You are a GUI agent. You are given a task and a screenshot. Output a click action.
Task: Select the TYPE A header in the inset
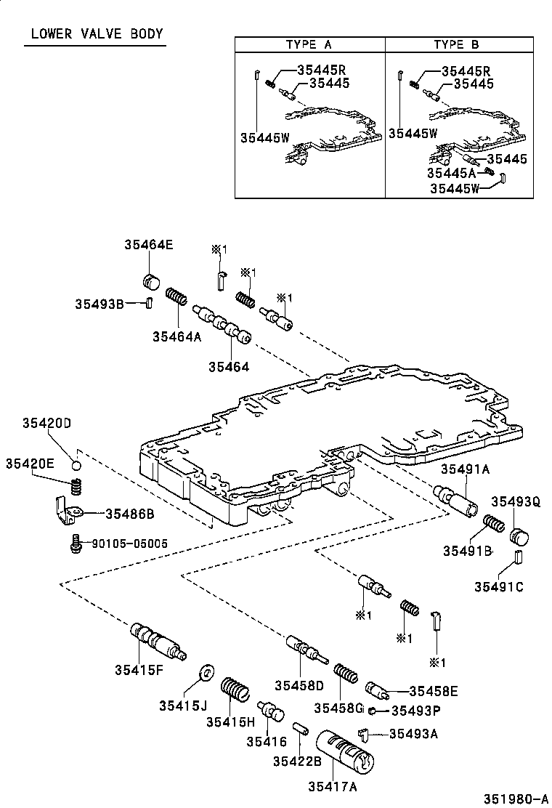[x=309, y=44]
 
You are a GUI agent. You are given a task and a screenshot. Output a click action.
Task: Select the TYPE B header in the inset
[x=457, y=44]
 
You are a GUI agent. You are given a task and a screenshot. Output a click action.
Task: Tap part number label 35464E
[x=148, y=245]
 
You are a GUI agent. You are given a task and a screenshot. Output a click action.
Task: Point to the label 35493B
[x=99, y=303]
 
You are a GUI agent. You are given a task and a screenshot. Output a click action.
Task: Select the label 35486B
[x=130, y=513]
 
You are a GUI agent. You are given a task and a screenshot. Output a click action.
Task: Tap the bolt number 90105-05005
[x=129, y=543]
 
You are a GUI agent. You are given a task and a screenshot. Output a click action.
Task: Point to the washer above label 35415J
[x=204, y=671]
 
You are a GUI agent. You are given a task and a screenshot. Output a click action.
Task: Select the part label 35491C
[x=499, y=586]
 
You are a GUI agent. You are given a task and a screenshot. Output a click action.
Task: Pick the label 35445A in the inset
[x=451, y=173]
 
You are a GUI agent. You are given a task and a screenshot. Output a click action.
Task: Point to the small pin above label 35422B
[x=301, y=727]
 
